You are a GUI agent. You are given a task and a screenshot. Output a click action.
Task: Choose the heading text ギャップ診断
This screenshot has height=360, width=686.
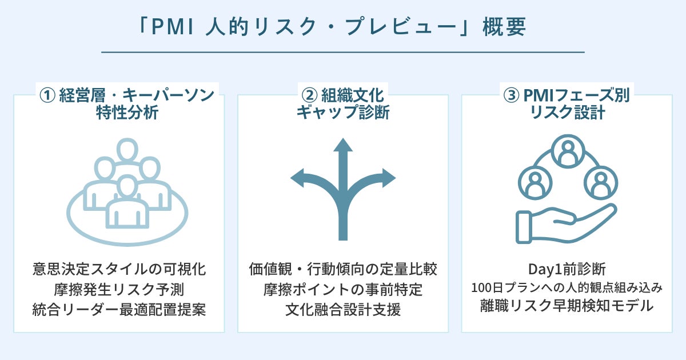(343, 113)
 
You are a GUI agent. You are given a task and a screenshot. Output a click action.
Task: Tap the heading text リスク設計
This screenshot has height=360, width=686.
(567, 113)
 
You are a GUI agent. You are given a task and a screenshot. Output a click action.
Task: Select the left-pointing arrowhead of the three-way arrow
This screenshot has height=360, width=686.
(298, 179)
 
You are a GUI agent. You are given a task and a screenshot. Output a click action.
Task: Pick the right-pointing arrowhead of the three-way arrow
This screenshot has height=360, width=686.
(388, 179)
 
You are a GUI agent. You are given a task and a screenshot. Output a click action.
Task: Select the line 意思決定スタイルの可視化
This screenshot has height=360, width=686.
(119, 269)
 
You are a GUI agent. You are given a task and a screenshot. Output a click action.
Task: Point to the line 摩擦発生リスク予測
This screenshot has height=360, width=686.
(119, 289)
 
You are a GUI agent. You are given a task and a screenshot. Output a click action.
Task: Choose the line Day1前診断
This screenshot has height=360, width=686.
(567, 269)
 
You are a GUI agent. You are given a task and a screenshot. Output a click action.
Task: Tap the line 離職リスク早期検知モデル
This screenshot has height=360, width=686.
(567, 306)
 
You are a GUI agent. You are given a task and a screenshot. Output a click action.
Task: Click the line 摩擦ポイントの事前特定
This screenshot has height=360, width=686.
(343, 289)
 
